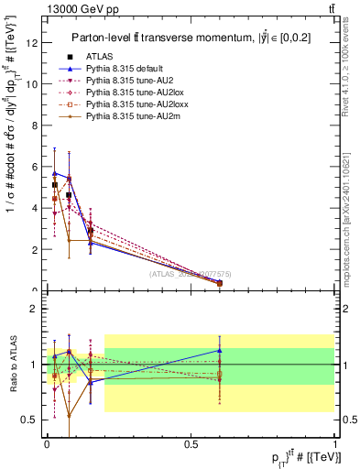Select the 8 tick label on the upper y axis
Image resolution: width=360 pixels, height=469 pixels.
[36, 125]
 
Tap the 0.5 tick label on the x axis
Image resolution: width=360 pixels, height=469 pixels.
[191, 444]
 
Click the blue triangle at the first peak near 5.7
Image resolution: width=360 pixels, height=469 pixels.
[55, 172]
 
